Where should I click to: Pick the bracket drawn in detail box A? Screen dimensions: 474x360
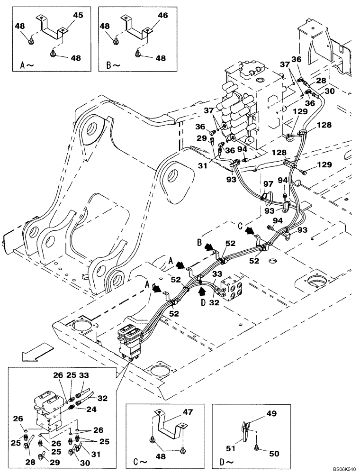coord(49,28)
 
